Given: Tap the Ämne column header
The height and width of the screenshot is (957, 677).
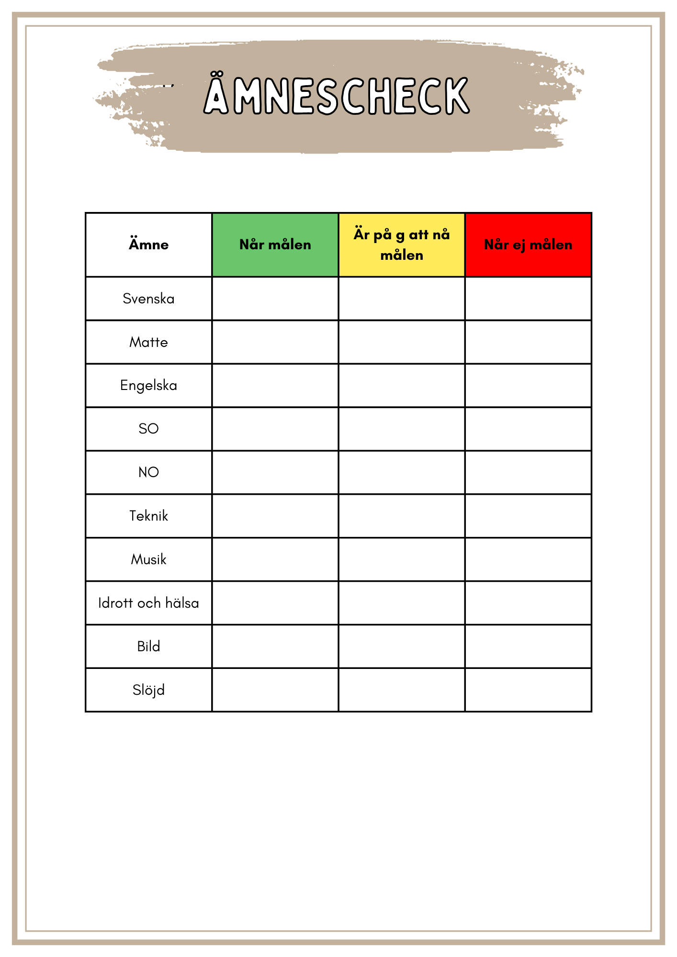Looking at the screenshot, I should point(148,245).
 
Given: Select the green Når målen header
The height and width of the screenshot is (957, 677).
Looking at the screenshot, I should point(275,245).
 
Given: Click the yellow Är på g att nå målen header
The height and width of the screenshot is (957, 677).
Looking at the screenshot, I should point(402,245).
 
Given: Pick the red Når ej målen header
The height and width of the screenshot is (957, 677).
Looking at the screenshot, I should point(528,245).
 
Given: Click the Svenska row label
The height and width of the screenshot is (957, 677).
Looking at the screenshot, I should point(148,299).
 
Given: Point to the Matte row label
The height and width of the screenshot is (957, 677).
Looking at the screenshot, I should point(148,342).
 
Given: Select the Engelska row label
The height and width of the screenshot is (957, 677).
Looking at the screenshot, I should point(148,385).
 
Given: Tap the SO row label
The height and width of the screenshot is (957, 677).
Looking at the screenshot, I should point(148,429).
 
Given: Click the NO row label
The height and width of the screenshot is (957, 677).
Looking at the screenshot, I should point(148,472).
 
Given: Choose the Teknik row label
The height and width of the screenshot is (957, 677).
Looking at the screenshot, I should point(148,516).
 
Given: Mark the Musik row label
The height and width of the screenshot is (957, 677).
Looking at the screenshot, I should point(148,559).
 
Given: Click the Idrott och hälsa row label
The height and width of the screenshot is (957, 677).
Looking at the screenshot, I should point(148,603).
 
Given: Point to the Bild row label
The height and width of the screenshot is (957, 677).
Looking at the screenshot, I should point(148,646).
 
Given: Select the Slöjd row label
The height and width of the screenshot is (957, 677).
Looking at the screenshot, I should point(148,690).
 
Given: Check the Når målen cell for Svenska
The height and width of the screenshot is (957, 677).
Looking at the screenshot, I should point(275,299).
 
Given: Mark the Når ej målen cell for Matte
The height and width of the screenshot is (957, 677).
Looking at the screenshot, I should point(528,342).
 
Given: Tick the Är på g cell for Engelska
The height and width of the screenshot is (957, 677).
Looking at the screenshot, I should point(402,385).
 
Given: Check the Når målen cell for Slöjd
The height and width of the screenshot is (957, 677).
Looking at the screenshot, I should point(275,690).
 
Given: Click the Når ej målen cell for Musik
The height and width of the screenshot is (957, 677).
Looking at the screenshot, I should point(528,559).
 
